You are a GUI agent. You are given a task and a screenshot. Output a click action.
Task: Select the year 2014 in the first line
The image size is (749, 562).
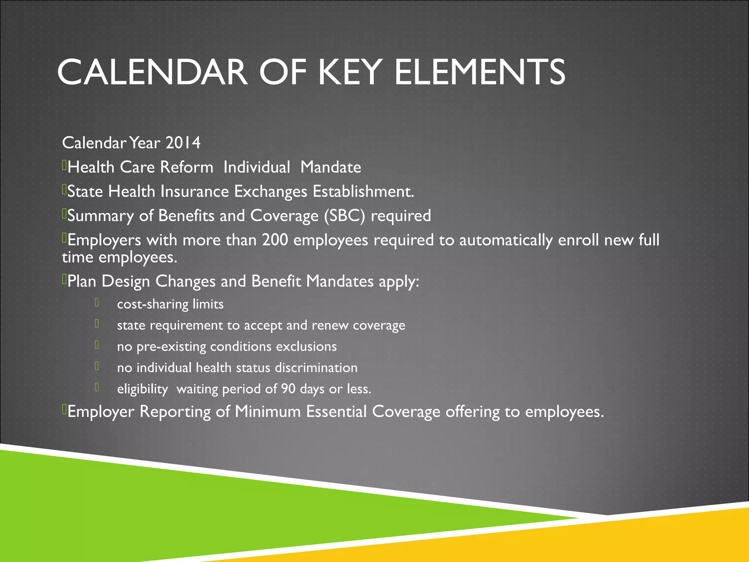click(183, 143)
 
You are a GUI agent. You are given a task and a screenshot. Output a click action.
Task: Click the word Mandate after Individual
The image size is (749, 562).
click(331, 167)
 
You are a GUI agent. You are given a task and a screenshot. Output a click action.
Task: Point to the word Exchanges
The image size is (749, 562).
click(271, 192)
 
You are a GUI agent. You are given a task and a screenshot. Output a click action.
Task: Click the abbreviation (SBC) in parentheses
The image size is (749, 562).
click(345, 216)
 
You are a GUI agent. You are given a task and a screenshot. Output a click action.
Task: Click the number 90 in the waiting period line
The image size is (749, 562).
click(288, 389)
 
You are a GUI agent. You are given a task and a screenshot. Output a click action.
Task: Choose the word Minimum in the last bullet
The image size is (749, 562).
click(268, 412)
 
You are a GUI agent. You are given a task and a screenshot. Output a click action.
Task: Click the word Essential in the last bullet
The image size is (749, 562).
click(336, 412)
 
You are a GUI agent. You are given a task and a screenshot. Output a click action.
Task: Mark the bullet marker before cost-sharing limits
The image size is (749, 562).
click(97, 303)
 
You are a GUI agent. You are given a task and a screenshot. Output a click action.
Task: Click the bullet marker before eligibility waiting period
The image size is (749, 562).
click(97, 387)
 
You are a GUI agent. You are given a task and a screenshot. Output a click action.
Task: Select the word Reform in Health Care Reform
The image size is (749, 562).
click(187, 167)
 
